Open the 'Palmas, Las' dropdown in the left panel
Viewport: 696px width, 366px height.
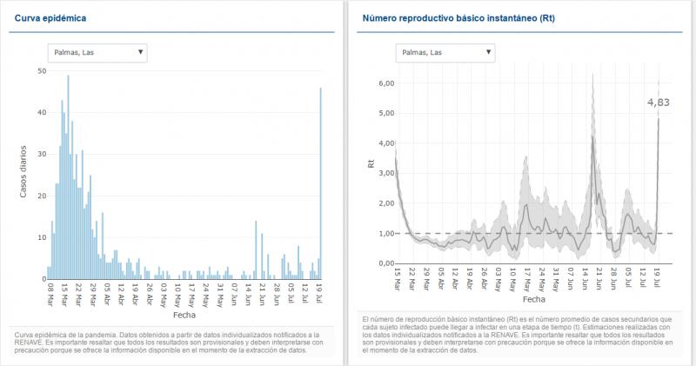pos(97,52)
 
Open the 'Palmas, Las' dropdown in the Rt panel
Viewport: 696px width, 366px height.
pos(445,52)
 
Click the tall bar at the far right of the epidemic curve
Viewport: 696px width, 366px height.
pos(320,183)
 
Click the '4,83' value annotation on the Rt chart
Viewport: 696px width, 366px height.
pos(659,103)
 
